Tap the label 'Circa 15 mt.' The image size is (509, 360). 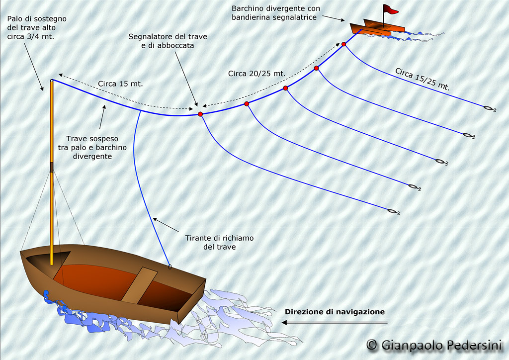click(120, 84)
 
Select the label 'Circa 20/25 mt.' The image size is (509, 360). click(257, 74)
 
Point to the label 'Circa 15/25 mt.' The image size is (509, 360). click(423, 79)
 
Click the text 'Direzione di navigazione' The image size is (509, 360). click(335, 312)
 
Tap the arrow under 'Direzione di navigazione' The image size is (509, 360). click(335, 322)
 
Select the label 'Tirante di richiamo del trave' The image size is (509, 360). click(219, 243)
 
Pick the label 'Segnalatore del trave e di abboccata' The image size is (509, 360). click(168, 41)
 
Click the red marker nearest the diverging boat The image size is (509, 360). click(343, 44)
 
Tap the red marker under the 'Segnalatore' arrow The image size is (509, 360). click(200, 114)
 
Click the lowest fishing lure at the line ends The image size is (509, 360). click(393, 212)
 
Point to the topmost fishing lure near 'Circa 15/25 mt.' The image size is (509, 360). click(489, 108)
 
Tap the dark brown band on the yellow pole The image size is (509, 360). click(52, 167)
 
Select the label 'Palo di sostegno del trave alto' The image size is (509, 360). click(37, 23)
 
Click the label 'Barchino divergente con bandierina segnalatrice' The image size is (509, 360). click(275, 13)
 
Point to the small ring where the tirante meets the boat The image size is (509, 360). click(170, 267)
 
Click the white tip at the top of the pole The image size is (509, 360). click(51, 80)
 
